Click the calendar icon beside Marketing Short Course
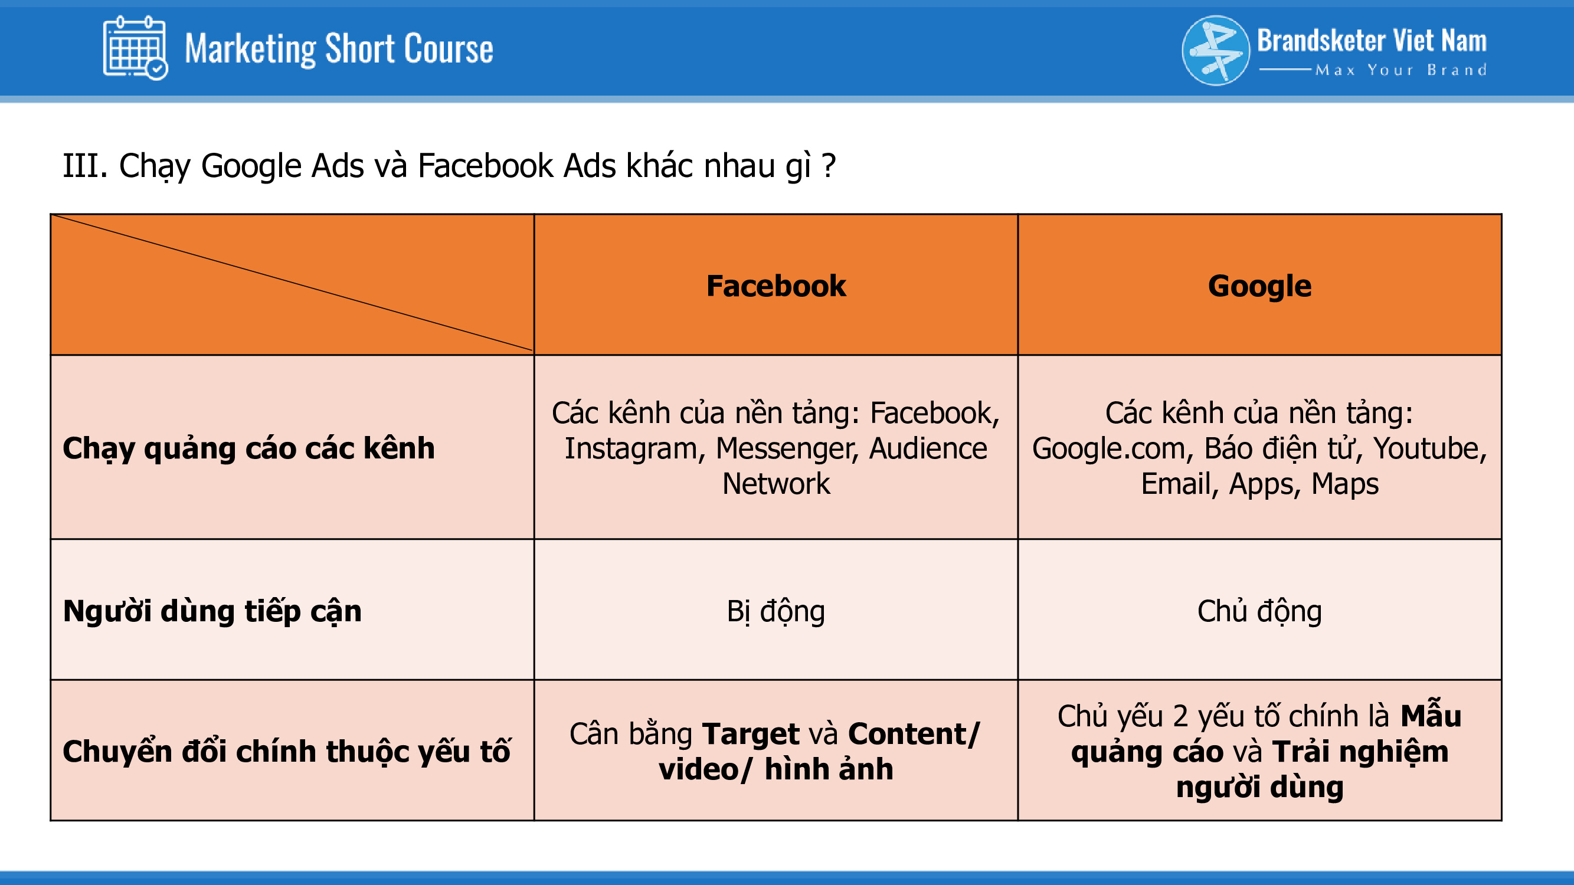click(135, 48)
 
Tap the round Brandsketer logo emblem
click(1216, 50)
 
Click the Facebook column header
click(776, 286)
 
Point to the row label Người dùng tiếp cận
click(212, 611)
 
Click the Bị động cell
click(776, 611)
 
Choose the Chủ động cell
click(1259, 611)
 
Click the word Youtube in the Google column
click(1430, 448)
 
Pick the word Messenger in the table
click(788, 449)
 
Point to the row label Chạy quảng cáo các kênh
click(248, 449)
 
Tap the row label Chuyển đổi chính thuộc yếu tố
click(287, 751)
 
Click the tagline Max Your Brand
click(1400, 70)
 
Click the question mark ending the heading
click(829, 166)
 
